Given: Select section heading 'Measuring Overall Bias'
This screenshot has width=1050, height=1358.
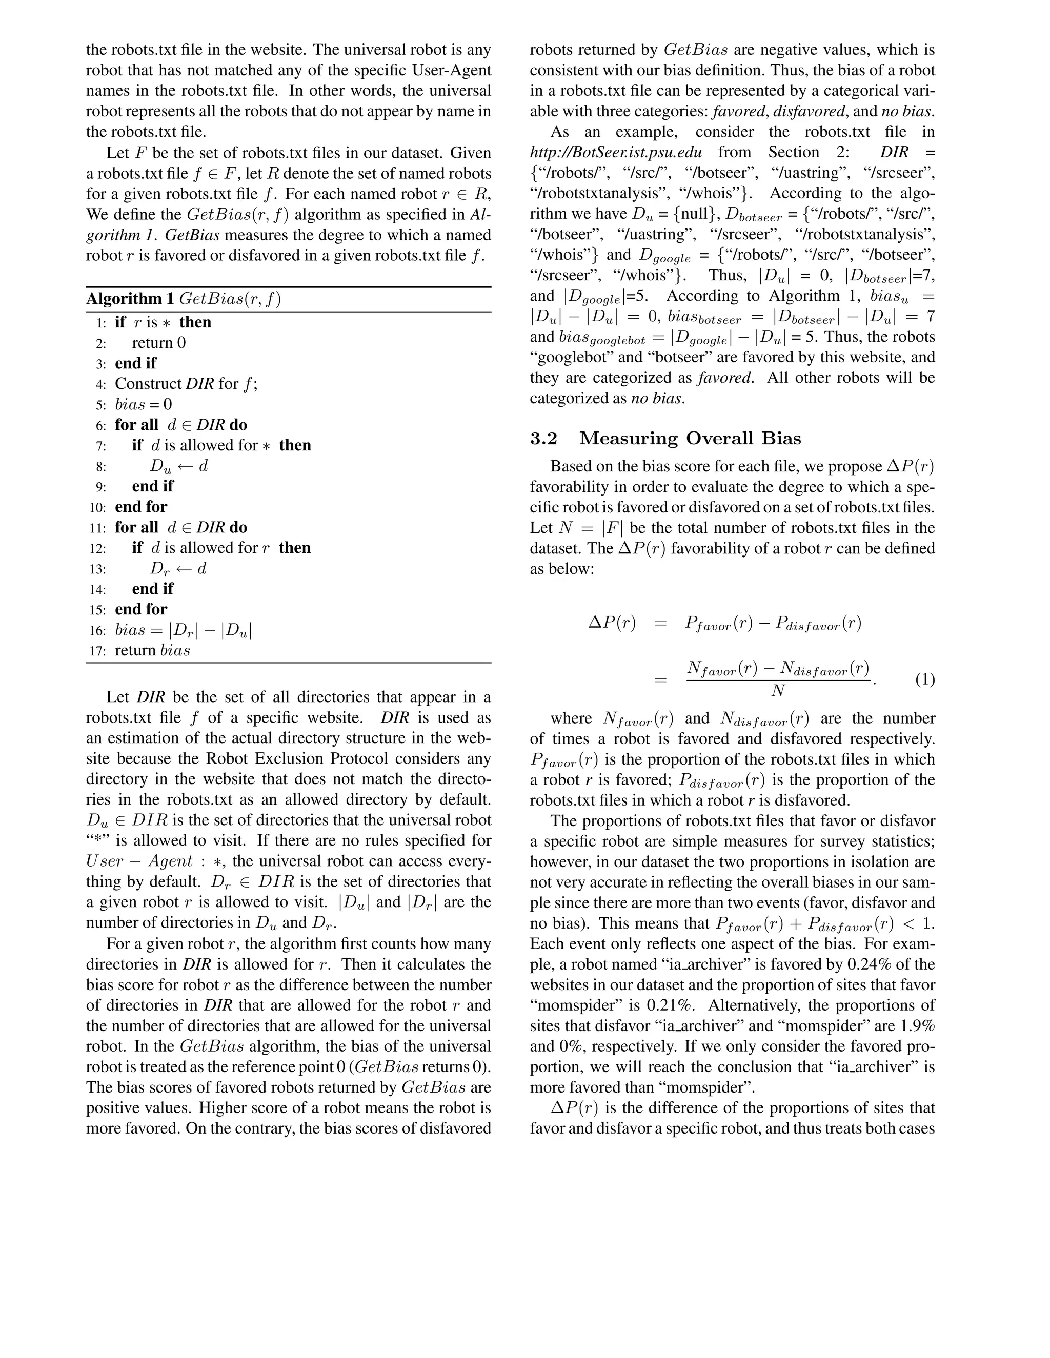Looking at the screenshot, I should pyautogui.click(x=690, y=438).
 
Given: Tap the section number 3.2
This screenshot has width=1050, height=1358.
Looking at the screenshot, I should pyautogui.click(x=543, y=438).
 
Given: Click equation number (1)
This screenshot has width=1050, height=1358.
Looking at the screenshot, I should pyautogui.click(x=924, y=680).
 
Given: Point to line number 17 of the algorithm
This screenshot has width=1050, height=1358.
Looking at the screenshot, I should pyautogui.click(x=97, y=651).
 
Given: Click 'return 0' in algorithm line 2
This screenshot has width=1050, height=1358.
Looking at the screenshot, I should pyautogui.click(x=158, y=343).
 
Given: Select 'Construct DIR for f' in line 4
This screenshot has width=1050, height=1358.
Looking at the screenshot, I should pyautogui.click(x=186, y=384).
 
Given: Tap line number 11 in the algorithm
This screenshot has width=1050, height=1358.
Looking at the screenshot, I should pyautogui.click(x=97, y=528).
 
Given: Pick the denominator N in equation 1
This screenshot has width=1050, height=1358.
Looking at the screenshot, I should pyautogui.click(x=778, y=691).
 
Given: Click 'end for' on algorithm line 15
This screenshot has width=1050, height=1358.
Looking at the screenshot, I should pyautogui.click(x=141, y=609).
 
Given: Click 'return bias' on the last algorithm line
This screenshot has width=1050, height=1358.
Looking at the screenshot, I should pyautogui.click(x=152, y=651).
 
